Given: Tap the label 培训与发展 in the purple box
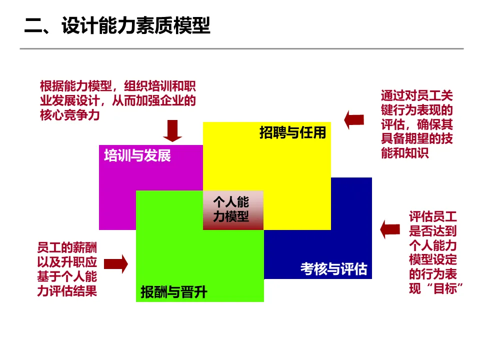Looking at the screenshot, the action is pos(137,155).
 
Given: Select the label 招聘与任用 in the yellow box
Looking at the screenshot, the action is pos(292,132).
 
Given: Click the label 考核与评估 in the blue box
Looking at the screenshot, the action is pos(333,269).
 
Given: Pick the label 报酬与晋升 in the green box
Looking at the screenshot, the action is pos(173,292).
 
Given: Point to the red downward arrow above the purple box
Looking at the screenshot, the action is pos(174,130).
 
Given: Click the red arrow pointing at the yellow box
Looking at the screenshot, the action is pos(354,119).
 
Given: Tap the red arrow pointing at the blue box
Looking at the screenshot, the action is pos(390,229).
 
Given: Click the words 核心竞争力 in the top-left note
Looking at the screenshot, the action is pos(70,115).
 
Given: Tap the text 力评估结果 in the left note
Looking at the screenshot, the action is pos(67,290).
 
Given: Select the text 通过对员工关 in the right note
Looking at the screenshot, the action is pos(416,95).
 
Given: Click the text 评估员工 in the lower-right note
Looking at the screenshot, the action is pos(433,217).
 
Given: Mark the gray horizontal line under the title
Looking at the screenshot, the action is pos(241,48).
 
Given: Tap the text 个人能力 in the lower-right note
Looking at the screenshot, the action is pos(433,246).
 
